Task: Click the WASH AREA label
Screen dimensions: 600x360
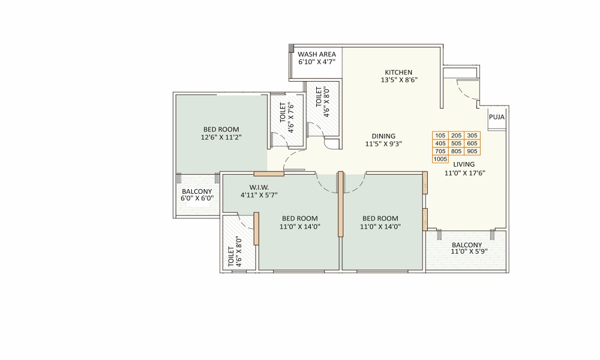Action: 317,55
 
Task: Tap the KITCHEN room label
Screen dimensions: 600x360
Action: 399,73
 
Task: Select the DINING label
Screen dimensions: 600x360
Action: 383,136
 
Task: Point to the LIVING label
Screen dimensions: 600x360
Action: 464,164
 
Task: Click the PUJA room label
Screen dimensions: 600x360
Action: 497,117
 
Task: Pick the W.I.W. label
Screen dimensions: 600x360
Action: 259,187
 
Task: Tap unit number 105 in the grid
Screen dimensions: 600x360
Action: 440,136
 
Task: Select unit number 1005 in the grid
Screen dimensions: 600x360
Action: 440,159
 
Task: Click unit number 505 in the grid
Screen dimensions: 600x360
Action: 456,143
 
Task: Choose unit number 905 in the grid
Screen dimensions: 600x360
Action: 472,151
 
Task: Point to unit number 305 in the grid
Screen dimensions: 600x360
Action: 472,136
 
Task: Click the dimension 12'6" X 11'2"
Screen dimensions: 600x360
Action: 221,137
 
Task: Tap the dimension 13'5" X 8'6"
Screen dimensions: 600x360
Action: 399,80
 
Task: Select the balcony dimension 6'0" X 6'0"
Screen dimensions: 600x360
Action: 197,198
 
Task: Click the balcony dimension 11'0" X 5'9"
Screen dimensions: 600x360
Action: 469,251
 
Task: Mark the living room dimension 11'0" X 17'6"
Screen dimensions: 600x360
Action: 465,173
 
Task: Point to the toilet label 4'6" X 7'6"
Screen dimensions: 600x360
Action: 291,118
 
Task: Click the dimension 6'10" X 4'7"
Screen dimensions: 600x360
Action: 317,62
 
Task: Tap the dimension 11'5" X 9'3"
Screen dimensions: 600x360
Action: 383,144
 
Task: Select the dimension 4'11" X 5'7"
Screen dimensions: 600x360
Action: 259,195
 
